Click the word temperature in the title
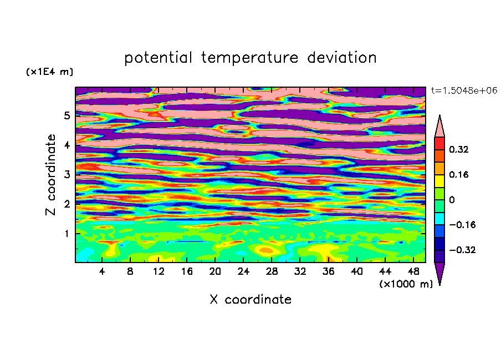pos(249,58)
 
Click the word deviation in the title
pos(341,57)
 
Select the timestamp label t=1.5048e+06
pos(464,90)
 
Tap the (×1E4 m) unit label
pos(49,72)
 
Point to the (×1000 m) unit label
pos(406,284)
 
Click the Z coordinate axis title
pos(50,174)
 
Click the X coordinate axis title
pos(250,299)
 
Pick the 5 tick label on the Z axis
pos(67,115)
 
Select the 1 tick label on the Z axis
pos(67,234)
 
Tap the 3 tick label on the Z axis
pos(67,174)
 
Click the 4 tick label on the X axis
pos(101,271)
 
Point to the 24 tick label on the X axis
pos(243,271)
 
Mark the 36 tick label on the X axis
pos(328,271)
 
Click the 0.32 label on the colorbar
pos(458,149)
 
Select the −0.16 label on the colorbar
pos(462,225)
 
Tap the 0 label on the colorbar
pos(452,200)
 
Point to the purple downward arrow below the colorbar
pos(439,272)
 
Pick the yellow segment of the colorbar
pos(439,181)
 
